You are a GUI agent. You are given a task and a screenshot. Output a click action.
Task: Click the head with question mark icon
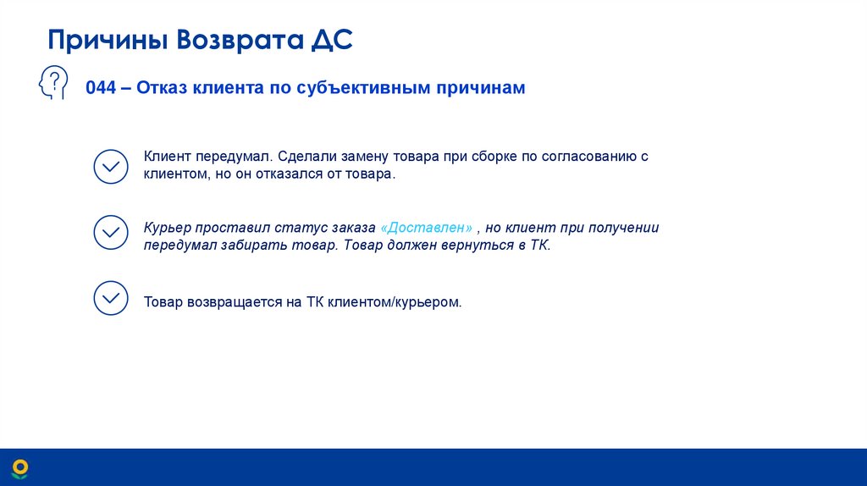pos(53,85)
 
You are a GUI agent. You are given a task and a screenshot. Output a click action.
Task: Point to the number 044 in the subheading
pos(100,88)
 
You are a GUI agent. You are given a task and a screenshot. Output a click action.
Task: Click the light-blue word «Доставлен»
pos(427,228)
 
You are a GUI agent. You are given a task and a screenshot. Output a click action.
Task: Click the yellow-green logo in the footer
pos(19,468)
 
